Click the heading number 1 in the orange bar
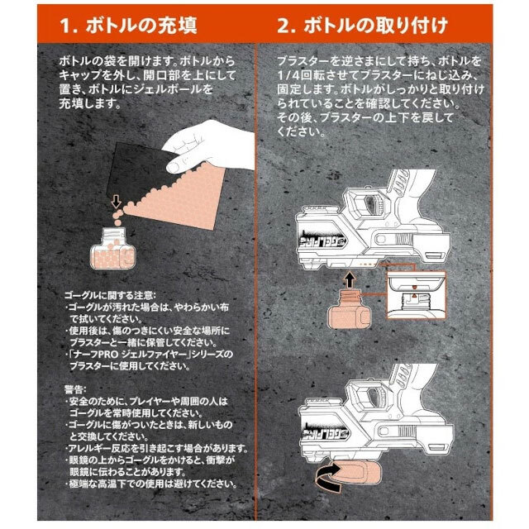click(66, 26)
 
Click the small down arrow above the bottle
click(116, 202)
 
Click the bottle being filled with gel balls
click(113, 248)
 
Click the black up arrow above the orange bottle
click(350, 280)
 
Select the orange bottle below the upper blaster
click(350, 310)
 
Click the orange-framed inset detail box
click(417, 294)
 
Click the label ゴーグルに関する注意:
click(110, 295)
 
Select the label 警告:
click(75, 389)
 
